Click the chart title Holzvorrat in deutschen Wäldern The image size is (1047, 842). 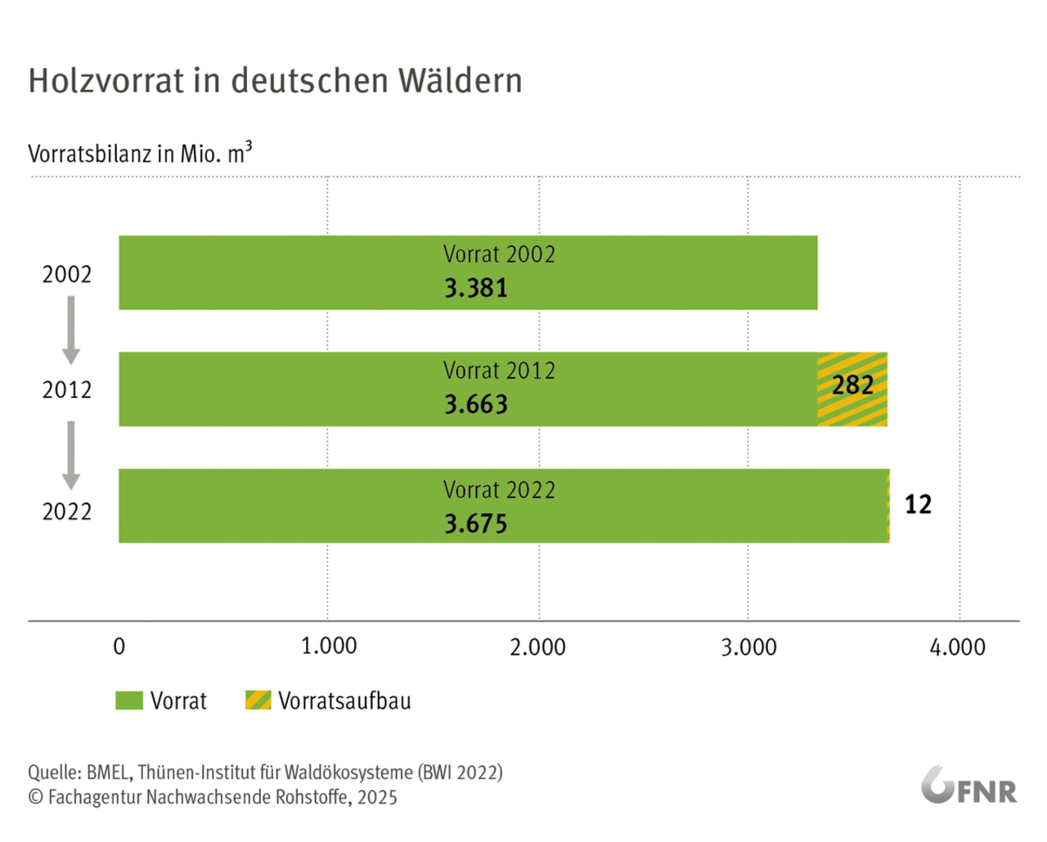(x=275, y=81)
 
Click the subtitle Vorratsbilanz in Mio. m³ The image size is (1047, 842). (x=140, y=153)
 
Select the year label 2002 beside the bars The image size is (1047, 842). (x=67, y=274)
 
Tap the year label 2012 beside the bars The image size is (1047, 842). (x=67, y=389)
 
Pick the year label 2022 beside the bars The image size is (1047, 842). (x=67, y=511)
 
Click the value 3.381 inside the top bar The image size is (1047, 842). (x=476, y=288)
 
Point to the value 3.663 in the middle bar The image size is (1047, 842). (x=476, y=404)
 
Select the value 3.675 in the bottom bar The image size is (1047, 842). (x=476, y=524)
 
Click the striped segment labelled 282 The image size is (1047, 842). (x=852, y=389)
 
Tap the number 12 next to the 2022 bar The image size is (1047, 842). (x=918, y=504)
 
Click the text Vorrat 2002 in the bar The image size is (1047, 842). (x=499, y=254)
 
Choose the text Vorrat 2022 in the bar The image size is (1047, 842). (x=499, y=490)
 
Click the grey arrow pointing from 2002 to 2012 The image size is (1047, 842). (x=71, y=330)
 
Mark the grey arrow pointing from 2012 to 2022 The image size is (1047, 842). (x=71, y=455)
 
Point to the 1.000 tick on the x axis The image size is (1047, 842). (x=329, y=646)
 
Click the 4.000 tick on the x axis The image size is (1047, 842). (x=958, y=647)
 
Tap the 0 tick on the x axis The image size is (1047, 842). (x=119, y=647)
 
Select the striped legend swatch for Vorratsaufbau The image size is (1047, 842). (x=258, y=700)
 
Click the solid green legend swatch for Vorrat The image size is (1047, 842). (x=129, y=700)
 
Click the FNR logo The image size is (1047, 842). (x=969, y=787)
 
